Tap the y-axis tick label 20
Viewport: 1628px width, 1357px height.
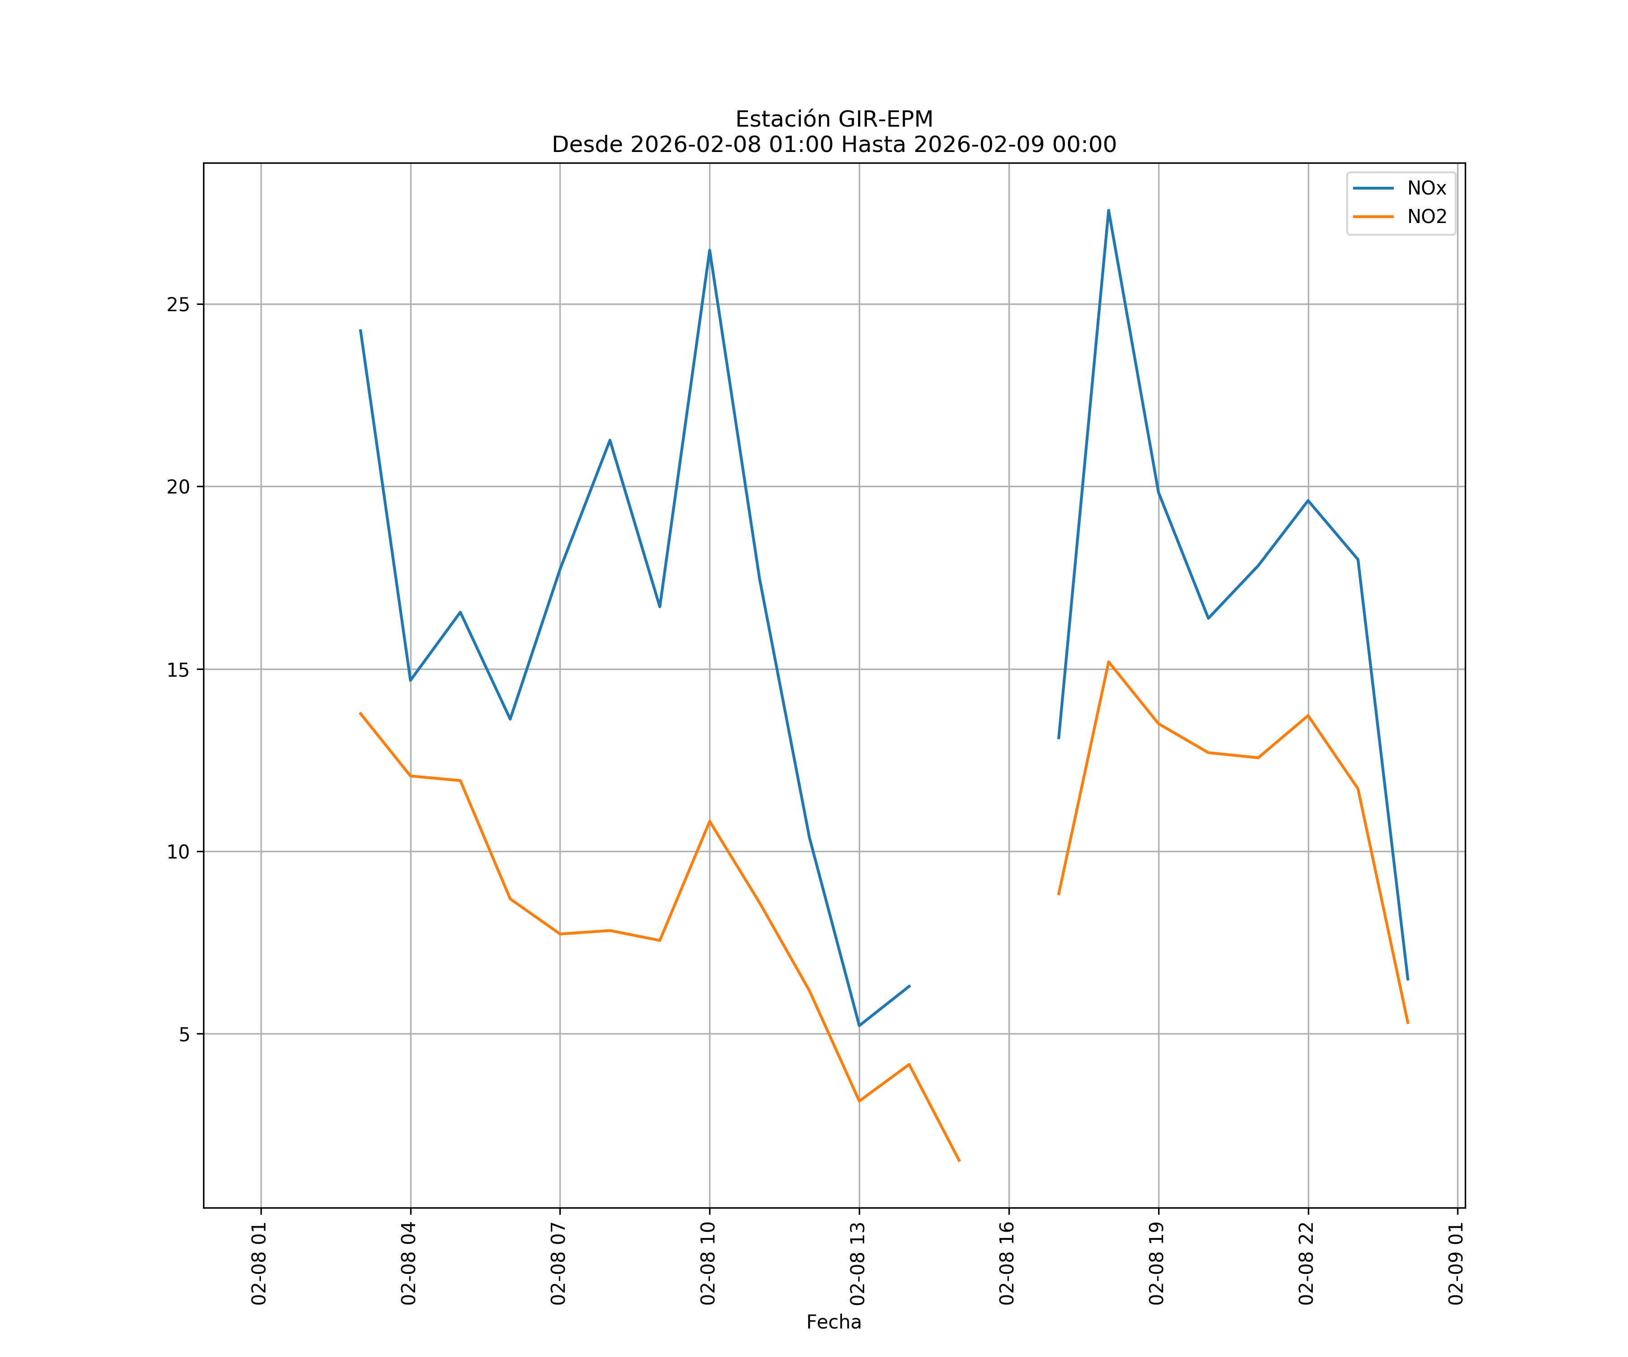pos(178,487)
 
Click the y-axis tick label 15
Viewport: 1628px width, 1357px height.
pos(178,669)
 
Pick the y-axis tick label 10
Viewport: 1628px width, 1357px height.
pos(178,851)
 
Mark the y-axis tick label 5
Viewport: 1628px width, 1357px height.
pos(184,1034)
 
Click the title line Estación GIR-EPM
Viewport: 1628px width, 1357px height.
pos(833,119)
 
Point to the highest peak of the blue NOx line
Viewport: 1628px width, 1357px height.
pos(1108,210)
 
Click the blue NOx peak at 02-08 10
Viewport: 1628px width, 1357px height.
pos(710,251)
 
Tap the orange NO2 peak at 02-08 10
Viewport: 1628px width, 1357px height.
pos(710,821)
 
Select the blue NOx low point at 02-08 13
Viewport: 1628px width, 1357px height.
pos(859,1026)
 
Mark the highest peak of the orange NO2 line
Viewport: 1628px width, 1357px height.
pos(1108,662)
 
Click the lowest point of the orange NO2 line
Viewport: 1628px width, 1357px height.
pos(959,1161)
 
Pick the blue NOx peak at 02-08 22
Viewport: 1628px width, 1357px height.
pos(1308,501)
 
